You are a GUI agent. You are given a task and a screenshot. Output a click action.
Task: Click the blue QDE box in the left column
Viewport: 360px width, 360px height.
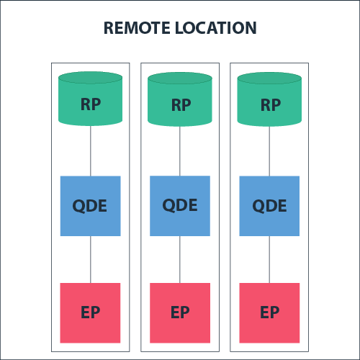tap(90, 205)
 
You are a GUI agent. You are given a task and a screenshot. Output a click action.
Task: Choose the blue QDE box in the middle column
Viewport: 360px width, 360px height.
tap(180, 205)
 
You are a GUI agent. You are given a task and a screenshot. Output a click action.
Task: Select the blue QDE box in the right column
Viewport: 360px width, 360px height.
tap(269, 205)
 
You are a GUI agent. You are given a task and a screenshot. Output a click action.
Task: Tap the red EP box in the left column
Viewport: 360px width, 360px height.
tap(90, 312)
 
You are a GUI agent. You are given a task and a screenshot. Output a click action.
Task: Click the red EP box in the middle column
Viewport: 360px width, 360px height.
tap(180, 312)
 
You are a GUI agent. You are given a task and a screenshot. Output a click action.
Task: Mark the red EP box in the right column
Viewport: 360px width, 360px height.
tap(269, 312)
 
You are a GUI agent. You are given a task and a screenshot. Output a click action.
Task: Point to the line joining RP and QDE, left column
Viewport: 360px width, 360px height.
tap(90, 150)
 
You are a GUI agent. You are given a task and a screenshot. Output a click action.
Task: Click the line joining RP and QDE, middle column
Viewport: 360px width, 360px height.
tap(180, 150)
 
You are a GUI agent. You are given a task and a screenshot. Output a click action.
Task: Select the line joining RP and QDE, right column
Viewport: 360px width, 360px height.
tap(269, 150)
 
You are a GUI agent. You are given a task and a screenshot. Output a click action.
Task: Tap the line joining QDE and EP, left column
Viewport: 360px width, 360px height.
tap(90, 259)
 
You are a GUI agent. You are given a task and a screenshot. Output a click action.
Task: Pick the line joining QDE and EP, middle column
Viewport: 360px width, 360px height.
tap(180, 259)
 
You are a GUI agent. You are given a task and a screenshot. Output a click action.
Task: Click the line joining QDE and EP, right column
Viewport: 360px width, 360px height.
tap(269, 259)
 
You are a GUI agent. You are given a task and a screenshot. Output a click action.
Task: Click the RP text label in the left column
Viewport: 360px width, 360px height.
tap(90, 104)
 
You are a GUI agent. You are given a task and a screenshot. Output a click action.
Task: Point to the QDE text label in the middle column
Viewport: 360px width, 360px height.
tap(180, 205)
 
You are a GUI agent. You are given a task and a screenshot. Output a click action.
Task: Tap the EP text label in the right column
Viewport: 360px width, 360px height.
tap(269, 313)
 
